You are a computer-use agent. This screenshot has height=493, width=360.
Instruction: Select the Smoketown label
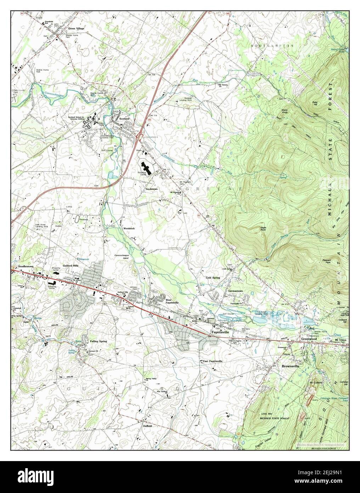tap(152, 189)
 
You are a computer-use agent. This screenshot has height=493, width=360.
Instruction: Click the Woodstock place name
tap(129, 229)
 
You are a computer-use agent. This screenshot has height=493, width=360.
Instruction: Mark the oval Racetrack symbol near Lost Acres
tap(77, 220)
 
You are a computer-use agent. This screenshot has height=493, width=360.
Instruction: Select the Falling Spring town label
tap(98, 341)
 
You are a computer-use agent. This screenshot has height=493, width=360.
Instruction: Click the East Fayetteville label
tap(213, 361)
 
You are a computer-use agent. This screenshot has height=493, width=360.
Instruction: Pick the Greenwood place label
tap(308, 339)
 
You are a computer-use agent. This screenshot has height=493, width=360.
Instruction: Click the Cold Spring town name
tap(213, 278)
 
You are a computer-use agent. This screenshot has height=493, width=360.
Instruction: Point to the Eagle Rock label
tap(263, 229)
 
